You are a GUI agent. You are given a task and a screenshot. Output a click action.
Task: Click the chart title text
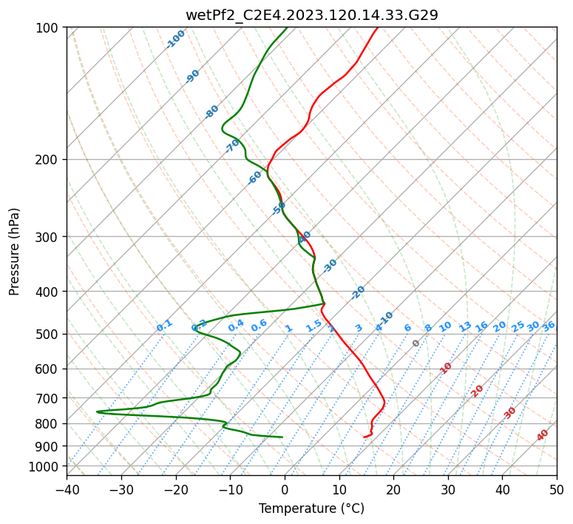pyautogui.click(x=311, y=15)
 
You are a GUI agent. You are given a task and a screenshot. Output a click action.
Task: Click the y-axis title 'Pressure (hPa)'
pyautogui.click(x=15, y=252)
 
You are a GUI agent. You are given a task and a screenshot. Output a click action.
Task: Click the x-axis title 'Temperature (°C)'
pyautogui.click(x=311, y=508)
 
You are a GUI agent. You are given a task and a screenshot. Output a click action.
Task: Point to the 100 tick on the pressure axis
pyautogui.click(x=51, y=28)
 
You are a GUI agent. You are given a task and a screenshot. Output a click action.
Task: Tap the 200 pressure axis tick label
pyautogui.click(x=51, y=159)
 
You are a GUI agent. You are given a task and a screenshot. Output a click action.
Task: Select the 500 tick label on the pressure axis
pyautogui.click(x=51, y=334)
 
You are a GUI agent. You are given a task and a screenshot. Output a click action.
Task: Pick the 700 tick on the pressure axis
pyautogui.click(x=51, y=398)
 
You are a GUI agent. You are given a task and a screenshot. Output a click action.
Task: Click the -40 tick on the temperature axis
pyautogui.click(x=67, y=489)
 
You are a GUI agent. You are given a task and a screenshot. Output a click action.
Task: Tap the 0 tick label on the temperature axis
pyautogui.click(x=285, y=489)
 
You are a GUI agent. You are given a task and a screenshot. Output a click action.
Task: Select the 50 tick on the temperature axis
pyautogui.click(x=557, y=489)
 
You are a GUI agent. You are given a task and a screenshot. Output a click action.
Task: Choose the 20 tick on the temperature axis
pyautogui.click(x=393, y=489)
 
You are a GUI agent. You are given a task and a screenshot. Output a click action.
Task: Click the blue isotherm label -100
pyautogui.click(x=175, y=39)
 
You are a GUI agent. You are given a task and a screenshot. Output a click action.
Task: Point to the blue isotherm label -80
pyautogui.click(x=212, y=111)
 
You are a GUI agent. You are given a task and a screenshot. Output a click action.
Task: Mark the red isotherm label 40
pyautogui.click(x=543, y=436)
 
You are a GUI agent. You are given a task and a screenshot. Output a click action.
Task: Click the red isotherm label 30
pyautogui.click(x=510, y=413)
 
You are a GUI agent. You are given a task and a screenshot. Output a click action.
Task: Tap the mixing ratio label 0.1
pyautogui.click(x=164, y=325)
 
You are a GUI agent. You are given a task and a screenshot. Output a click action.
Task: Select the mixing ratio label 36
pyautogui.click(x=549, y=326)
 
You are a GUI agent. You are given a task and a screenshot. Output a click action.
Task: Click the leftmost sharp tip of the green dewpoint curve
pyautogui.click(x=96, y=412)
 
